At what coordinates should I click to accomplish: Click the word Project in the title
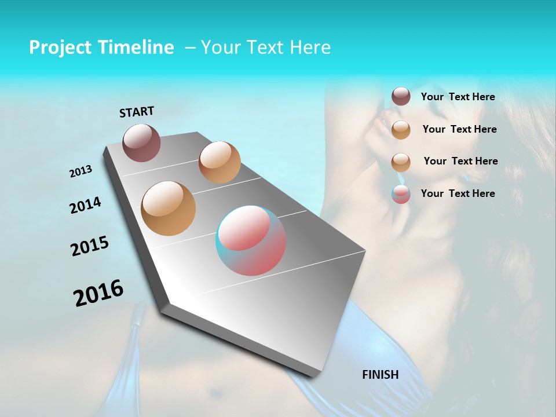coord(61,47)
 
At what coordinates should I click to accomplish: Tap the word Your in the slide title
coord(221,47)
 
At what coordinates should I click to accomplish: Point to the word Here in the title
coord(310,47)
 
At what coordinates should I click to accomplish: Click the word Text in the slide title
coord(265,47)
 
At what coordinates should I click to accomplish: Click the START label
coord(137,112)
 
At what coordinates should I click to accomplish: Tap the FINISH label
coord(381,375)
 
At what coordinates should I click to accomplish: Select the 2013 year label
coord(81,171)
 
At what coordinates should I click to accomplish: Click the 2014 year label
coord(86,205)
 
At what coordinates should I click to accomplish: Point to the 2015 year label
coord(90,246)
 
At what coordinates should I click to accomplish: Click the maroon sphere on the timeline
coord(142,142)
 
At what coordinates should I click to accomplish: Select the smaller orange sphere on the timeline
coord(220,162)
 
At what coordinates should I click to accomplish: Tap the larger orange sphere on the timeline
coord(169,209)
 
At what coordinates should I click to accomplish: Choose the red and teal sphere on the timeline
coord(251,240)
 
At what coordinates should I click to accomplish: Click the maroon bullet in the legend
coord(401,97)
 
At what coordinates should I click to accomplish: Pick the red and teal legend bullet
coord(401,194)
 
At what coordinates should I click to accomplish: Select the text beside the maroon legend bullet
coord(458,97)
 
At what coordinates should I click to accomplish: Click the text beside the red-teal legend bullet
coord(458,193)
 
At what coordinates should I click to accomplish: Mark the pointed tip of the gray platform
coord(313,376)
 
